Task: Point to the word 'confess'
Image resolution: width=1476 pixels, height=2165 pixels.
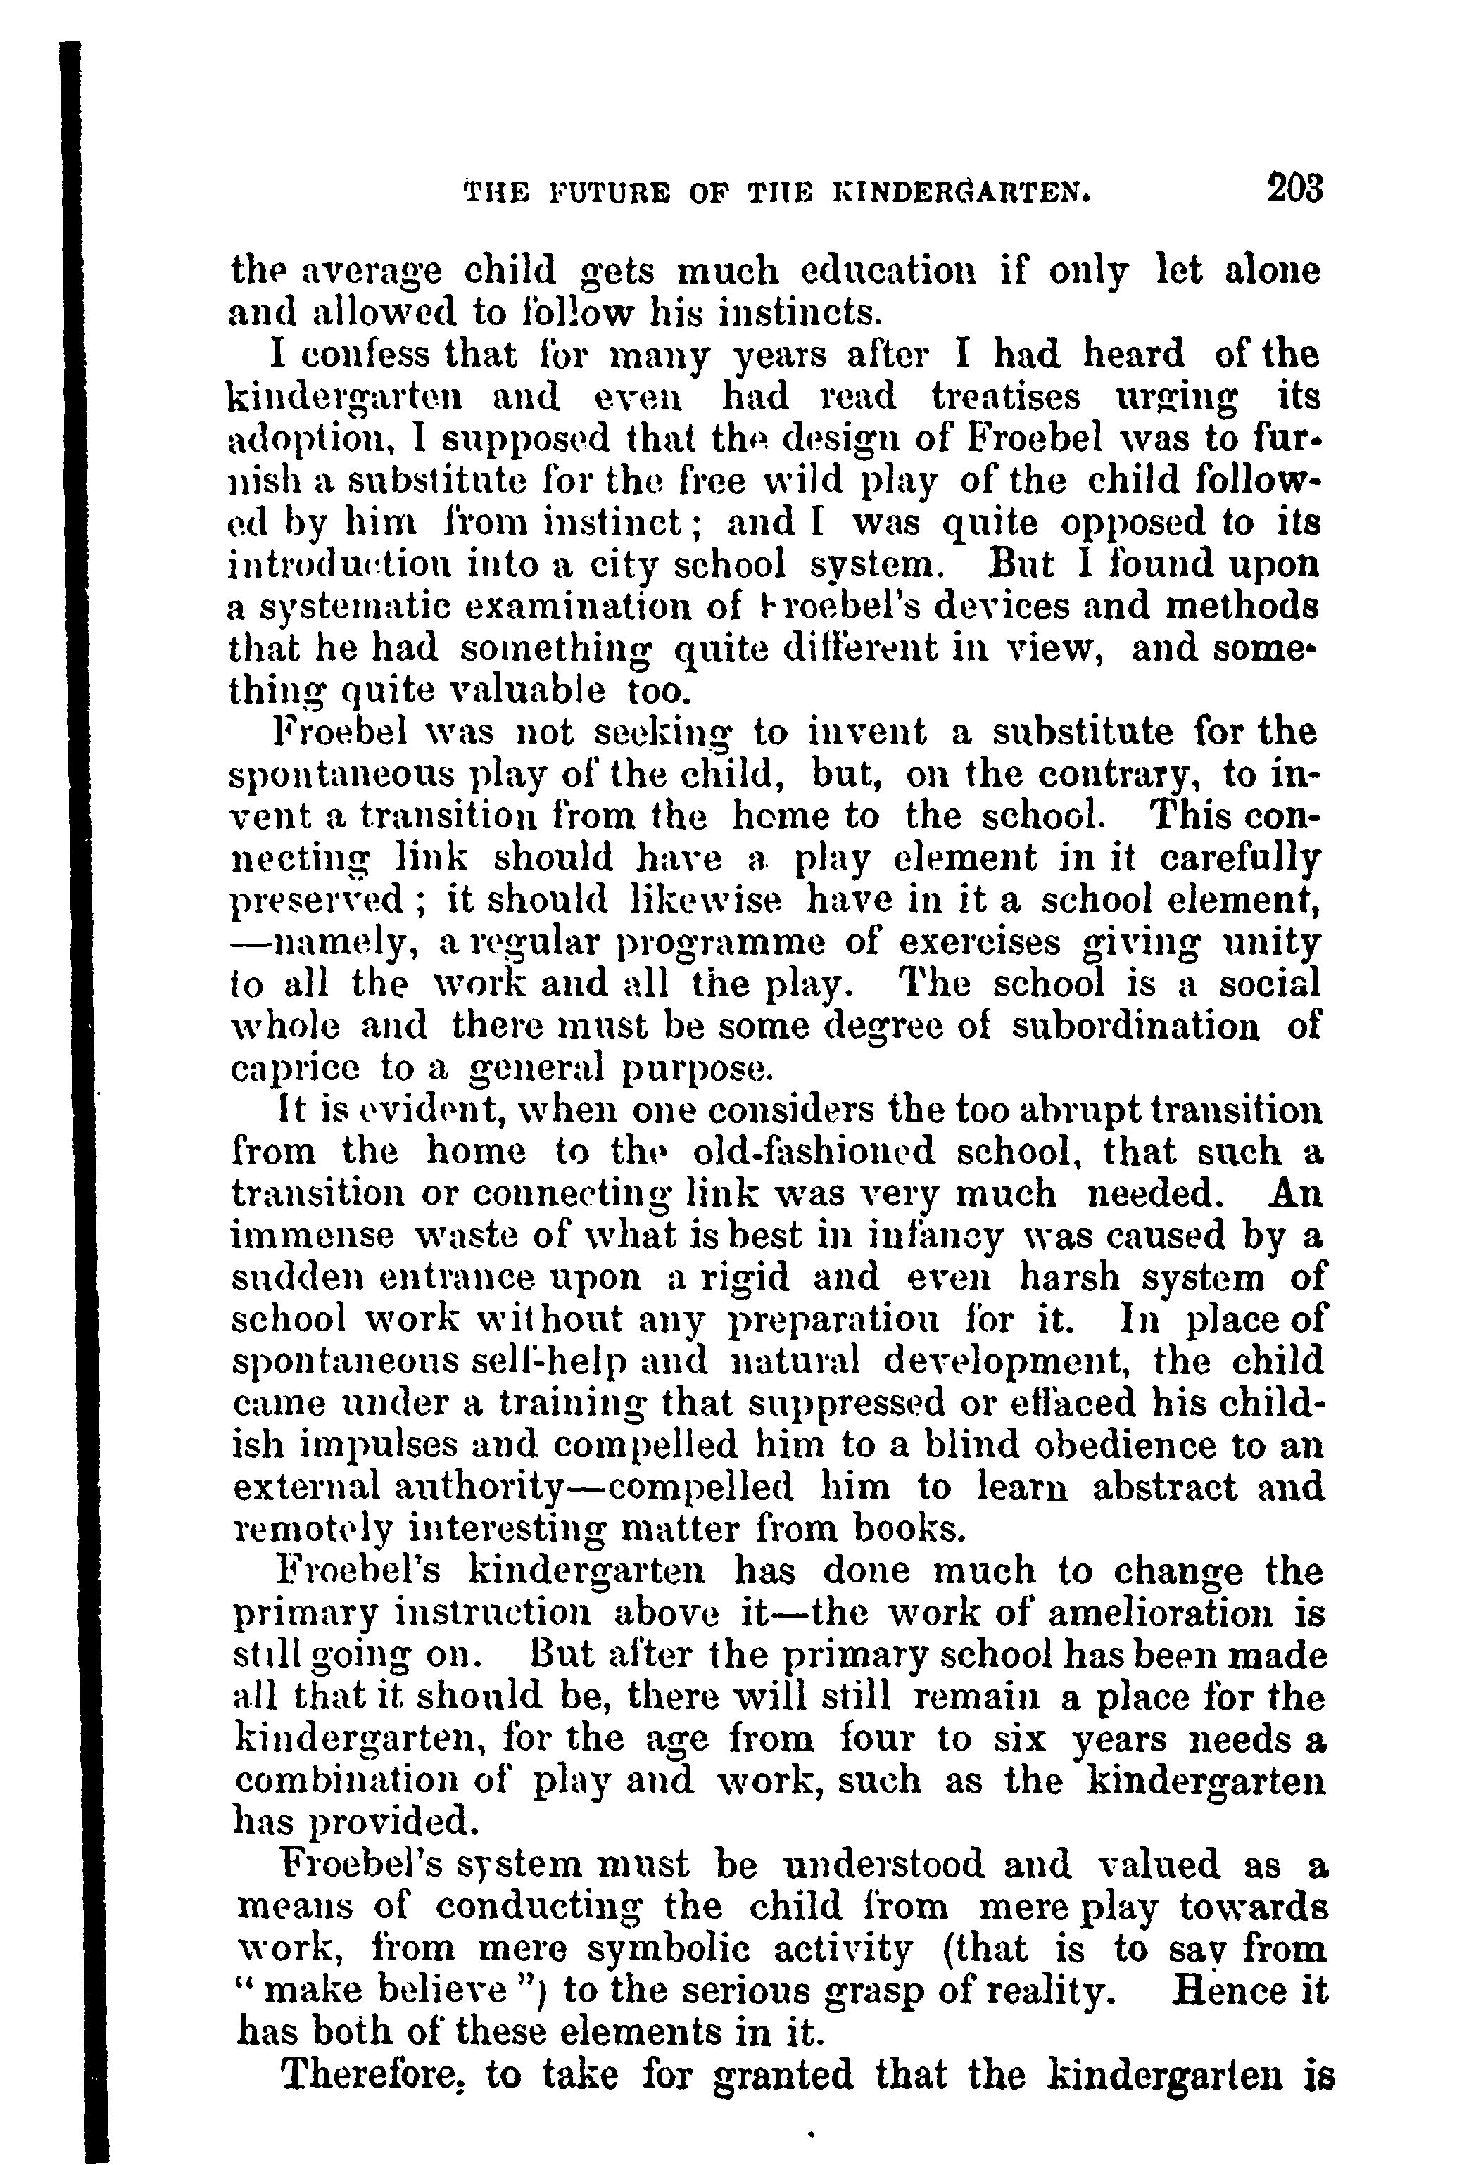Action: (x=366, y=356)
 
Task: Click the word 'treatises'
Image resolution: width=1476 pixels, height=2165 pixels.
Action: (x=1007, y=398)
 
